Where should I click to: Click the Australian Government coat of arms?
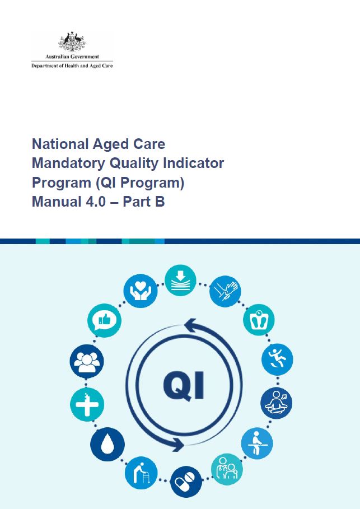coord(72,41)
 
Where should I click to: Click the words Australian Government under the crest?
coord(72,57)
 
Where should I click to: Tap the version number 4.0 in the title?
coord(96,202)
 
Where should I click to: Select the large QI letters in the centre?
coord(184,386)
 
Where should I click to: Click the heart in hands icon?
coord(140,291)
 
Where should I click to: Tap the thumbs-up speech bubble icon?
coord(104,320)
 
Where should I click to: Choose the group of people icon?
coord(87,361)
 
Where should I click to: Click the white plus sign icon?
coord(87,404)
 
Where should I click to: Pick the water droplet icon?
coord(107,444)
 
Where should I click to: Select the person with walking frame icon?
coord(141,473)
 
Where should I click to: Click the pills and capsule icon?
coord(186,482)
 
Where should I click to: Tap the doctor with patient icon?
coord(227,469)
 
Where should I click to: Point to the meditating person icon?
coord(276,403)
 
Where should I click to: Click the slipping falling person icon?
coord(277,359)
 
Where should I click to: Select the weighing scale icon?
coord(259,320)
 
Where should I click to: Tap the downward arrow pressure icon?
coord(180,280)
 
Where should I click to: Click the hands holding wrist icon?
coord(225,292)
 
